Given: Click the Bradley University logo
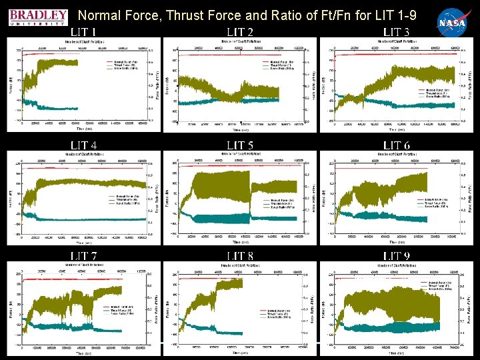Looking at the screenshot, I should point(39,17).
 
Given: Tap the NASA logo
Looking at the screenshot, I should point(451,21).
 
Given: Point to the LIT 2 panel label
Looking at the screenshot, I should point(240,32).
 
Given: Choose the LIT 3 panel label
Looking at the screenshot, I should point(397,32).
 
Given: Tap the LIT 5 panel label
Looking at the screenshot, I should point(240,145).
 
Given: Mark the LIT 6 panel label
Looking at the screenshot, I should point(397,145).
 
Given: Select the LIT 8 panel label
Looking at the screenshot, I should point(240,257).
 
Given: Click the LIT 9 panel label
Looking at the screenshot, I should point(397,257).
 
